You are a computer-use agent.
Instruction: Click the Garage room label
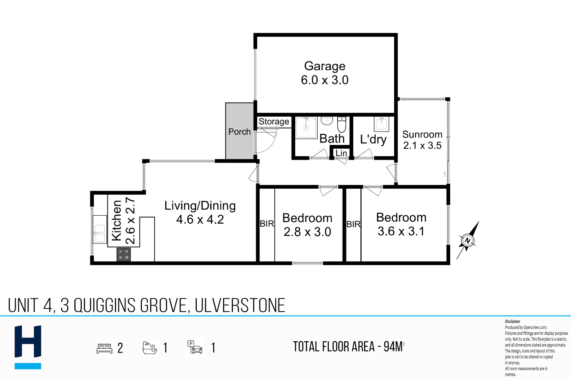325,66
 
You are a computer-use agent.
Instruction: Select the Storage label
274,121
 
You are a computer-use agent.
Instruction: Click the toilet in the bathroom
342,125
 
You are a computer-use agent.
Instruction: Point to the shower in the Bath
306,127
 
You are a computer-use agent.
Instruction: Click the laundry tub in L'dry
381,124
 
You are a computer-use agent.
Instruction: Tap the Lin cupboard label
341,153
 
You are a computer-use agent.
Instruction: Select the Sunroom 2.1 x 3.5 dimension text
422,145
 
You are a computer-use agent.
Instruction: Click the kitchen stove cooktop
124,254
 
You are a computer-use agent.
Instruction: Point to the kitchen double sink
100,229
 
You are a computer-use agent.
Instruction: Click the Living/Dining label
200,205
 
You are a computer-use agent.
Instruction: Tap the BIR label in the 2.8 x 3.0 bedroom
267,224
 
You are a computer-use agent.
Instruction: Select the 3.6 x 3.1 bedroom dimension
401,231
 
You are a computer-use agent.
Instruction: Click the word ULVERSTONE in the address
240,305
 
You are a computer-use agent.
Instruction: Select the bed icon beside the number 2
104,348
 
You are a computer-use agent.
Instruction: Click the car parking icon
195,348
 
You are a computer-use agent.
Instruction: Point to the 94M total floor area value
393,347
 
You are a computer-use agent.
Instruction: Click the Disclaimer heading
512,321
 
